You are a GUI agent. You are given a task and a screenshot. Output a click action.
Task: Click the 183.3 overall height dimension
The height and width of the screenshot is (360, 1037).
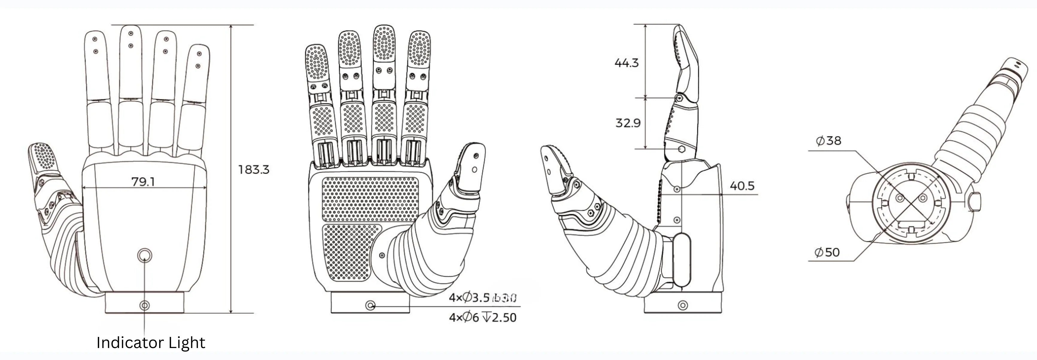pyautogui.click(x=253, y=170)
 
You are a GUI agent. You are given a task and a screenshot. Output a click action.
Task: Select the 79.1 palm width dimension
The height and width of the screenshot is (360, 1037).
pyautogui.click(x=143, y=182)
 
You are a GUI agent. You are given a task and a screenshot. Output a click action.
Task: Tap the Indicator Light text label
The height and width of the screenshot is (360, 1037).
pyautogui.click(x=151, y=343)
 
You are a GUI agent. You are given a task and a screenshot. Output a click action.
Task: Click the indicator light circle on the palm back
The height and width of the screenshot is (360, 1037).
pyautogui.click(x=145, y=255)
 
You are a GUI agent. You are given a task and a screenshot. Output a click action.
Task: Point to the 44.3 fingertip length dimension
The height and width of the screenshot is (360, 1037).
pyautogui.click(x=626, y=63)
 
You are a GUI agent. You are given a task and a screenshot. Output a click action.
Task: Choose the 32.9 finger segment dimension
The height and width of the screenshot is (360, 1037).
pyautogui.click(x=628, y=122)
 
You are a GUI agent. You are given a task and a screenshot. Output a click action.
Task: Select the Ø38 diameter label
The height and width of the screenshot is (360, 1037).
pyautogui.click(x=828, y=141)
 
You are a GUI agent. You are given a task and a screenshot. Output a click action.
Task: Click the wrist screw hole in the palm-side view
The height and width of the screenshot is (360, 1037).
pyautogui.click(x=371, y=306)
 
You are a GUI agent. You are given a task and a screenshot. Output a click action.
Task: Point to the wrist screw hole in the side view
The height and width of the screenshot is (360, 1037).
pyautogui.click(x=683, y=305)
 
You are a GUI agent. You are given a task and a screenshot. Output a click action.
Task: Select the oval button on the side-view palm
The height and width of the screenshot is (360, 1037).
pyautogui.click(x=682, y=260)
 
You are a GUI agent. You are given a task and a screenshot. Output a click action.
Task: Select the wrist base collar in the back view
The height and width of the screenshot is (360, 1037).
pyautogui.click(x=145, y=303)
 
